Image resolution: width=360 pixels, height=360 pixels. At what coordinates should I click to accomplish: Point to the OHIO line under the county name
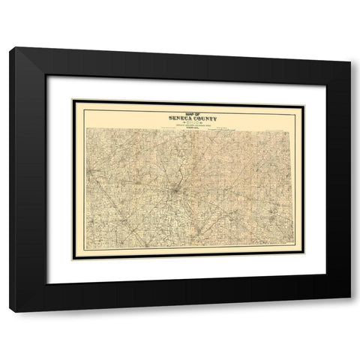click(178, 122)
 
